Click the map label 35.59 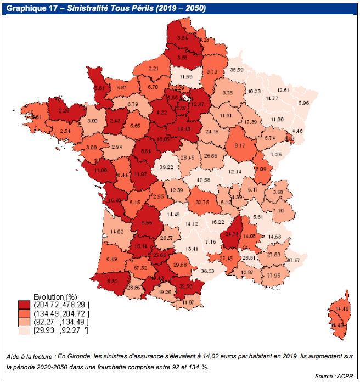click(x=237, y=70)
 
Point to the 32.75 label click(x=203, y=201)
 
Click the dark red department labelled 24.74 click(x=229, y=234)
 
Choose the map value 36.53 click(x=207, y=271)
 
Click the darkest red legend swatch click(x=24, y=305)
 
